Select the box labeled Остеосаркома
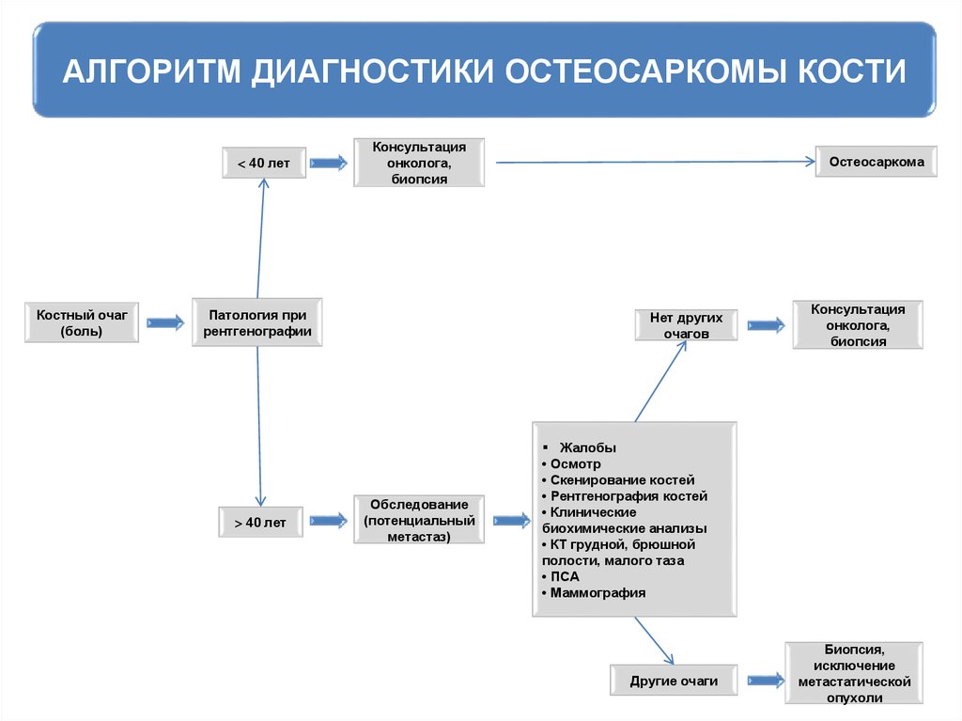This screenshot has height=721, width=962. (x=876, y=163)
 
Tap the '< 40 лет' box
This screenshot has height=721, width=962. (x=263, y=164)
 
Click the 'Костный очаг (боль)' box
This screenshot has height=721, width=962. (x=82, y=322)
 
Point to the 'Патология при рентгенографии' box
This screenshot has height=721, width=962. (x=256, y=322)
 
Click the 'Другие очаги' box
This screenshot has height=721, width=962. (x=674, y=681)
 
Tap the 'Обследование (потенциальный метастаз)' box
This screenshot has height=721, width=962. (x=418, y=521)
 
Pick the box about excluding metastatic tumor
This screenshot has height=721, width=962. (x=853, y=674)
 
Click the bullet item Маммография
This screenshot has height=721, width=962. (x=597, y=593)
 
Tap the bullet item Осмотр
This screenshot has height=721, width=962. (x=575, y=463)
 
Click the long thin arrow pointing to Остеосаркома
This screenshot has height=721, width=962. (x=655, y=163)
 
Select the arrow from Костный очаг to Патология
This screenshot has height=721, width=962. (x=165, y=322)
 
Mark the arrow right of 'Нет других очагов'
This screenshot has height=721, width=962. (x=766, y=325)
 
